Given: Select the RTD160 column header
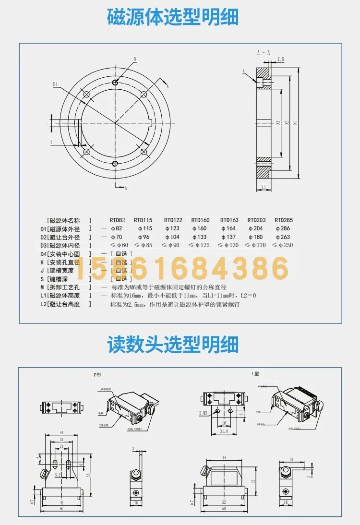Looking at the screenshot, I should [201, 220].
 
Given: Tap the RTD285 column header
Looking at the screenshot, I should [284, 220].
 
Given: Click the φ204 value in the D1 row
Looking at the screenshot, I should [256, 228].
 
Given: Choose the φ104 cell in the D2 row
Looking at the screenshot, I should [173, 237].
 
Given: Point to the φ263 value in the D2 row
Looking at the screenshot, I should [284, 237].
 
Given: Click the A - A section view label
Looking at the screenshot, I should [264, 52].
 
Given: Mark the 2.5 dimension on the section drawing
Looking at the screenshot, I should [281, 60].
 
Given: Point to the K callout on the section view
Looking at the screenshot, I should [244, 71].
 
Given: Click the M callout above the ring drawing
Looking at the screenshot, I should [135, 59].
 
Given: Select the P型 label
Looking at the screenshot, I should [98, 374].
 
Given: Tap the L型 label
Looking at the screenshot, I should [255, 374].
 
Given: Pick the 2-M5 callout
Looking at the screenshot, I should [203, 411].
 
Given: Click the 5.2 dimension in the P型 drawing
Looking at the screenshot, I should [58, 474].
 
